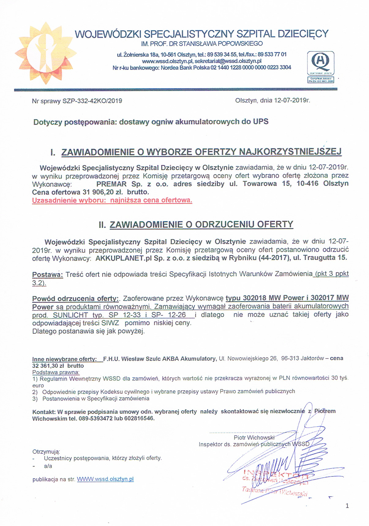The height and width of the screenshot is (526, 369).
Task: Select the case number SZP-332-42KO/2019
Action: click(x=92, y=101)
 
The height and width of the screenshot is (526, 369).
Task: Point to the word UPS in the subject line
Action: click(x=261, y=122)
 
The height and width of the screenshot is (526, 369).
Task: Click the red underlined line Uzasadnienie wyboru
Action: click(x=112, y=201)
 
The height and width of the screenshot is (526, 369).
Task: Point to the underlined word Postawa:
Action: click(x=47, y=274)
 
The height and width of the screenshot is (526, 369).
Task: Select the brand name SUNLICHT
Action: click(x=70, y=315)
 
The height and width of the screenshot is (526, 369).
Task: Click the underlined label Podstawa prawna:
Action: click(x=56, y=372)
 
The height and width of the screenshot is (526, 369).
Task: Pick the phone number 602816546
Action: click(x=139, y=418)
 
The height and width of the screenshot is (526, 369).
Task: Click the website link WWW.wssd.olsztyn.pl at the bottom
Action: click(x=105, y=479)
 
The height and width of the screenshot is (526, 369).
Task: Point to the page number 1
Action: click(x=347, y=506)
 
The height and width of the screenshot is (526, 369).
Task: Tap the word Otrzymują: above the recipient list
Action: click(x=46, y=452)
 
